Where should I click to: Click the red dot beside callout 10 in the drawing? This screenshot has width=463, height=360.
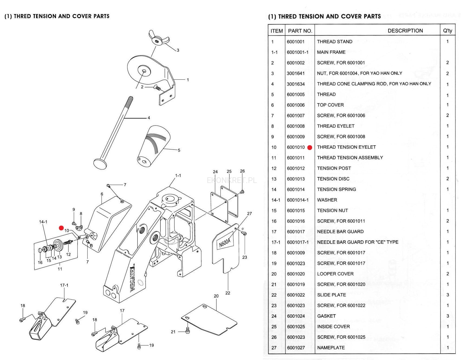click(x=61, y=228)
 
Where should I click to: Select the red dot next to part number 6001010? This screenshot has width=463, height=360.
click(x=310, y=148)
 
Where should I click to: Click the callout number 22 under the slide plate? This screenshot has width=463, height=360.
click(x=228, y=293)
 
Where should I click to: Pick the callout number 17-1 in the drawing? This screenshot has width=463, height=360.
click(x=64, y=285)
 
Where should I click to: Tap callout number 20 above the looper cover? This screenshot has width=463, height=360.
click(x=216, y=296)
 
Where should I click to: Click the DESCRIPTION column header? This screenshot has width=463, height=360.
click(x=405, y=31)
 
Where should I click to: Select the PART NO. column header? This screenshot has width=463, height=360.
click(x=300, y=31)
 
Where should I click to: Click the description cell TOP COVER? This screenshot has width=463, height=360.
click(x=330, y=105)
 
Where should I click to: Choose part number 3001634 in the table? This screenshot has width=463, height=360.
click(x=296, y=84)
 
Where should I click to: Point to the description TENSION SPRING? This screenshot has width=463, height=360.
click(x=336, y=189)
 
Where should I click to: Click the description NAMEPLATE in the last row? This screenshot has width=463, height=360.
click(x=331, y=348)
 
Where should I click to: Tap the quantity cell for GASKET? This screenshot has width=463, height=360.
click(x=448, y=316)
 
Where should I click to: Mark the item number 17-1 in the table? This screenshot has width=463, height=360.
click(x=276, y=242)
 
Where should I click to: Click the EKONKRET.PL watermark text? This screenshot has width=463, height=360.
click(x=232, y=181)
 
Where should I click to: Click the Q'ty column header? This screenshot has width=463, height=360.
click(x=448, y=31)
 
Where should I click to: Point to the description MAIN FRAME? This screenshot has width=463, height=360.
click(x=331, y=52)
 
